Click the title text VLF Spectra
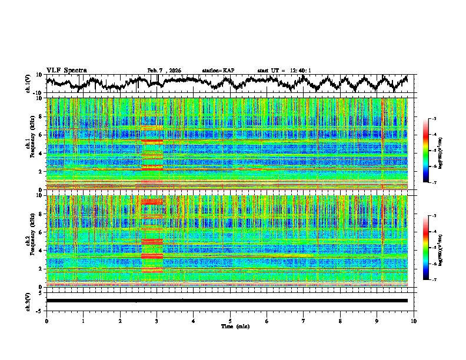66,70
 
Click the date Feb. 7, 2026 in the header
164,71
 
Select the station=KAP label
218,71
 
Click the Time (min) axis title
230,326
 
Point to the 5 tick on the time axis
230,320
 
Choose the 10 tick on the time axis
414,320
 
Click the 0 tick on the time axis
46,320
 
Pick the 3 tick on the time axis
157,320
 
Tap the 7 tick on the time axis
304,320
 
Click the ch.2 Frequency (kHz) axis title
31,241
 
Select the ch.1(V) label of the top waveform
28,84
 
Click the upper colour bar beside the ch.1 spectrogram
432,151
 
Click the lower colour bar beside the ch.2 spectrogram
432,248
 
